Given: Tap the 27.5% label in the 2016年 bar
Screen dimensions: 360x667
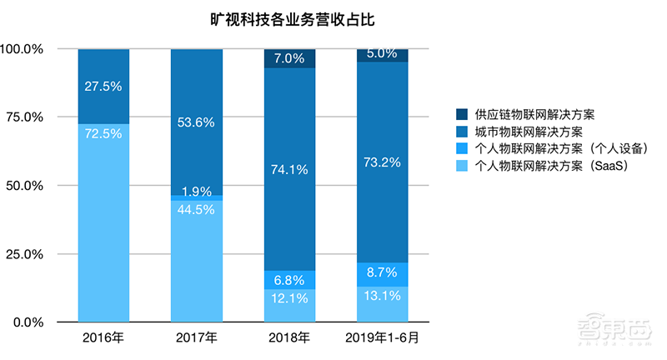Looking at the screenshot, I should pos(103,86).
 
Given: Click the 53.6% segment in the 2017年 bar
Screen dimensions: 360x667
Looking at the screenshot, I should pos(197,122).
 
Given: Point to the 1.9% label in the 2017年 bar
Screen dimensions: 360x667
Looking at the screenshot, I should pos(197,191).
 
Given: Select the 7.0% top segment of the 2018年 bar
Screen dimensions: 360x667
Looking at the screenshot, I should pos(289,58).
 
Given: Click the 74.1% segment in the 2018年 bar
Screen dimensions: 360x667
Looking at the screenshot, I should pos(289,169).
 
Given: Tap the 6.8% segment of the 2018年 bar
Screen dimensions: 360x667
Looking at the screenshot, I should pos(289,279).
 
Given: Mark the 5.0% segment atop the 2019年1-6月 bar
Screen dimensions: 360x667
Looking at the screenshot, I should pos(383,55).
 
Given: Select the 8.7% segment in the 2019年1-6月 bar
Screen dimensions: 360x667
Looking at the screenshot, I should pos(383,273).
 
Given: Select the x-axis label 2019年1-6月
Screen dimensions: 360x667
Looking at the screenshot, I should pos(383,337).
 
